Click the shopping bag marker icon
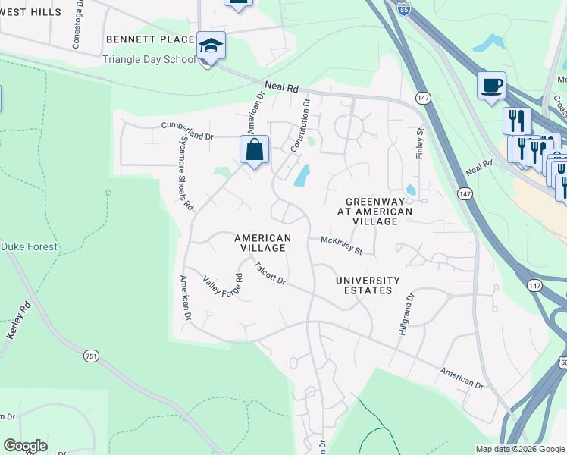click(255, 149)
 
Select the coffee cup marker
click(491, 84)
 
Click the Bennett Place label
click(150, 39)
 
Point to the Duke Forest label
click(29, 247)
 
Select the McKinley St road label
click(342, 244)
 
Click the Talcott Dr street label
click(270, 274)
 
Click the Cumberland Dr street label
click(188, 131)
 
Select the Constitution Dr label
click(300, 122)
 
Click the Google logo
click(25, 446)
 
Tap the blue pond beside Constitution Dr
click(302, 177)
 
